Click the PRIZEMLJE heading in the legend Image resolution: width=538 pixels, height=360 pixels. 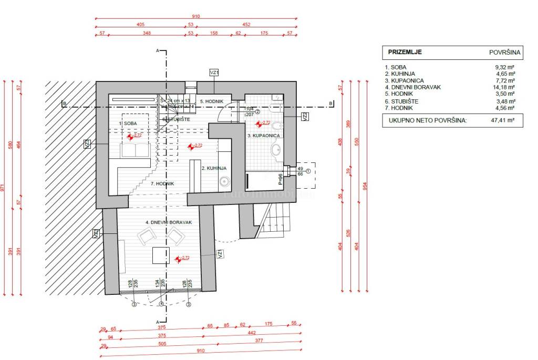[405, 52]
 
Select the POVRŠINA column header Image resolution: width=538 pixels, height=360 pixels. [505, 53]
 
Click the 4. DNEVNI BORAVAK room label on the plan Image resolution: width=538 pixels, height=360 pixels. [165, 223]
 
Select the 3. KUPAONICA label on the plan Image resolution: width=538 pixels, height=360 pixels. [264, 136]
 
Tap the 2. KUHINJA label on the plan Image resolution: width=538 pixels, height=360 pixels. [214, 168]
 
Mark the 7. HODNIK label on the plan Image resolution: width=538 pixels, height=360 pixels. [162, 183]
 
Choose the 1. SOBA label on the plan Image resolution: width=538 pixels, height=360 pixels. [128, 123]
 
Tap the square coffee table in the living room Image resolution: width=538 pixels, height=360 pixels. [161, 255]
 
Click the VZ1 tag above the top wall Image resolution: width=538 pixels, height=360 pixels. [214, 73]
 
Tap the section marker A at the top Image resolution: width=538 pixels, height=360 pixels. [157, 50]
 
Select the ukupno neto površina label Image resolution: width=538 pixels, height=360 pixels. [428, 120]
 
